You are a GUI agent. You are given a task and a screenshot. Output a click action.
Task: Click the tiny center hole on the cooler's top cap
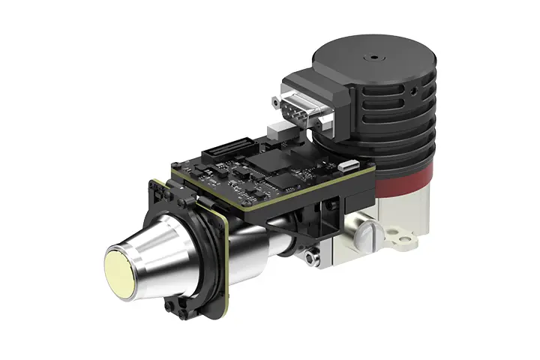tap(370, 56)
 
